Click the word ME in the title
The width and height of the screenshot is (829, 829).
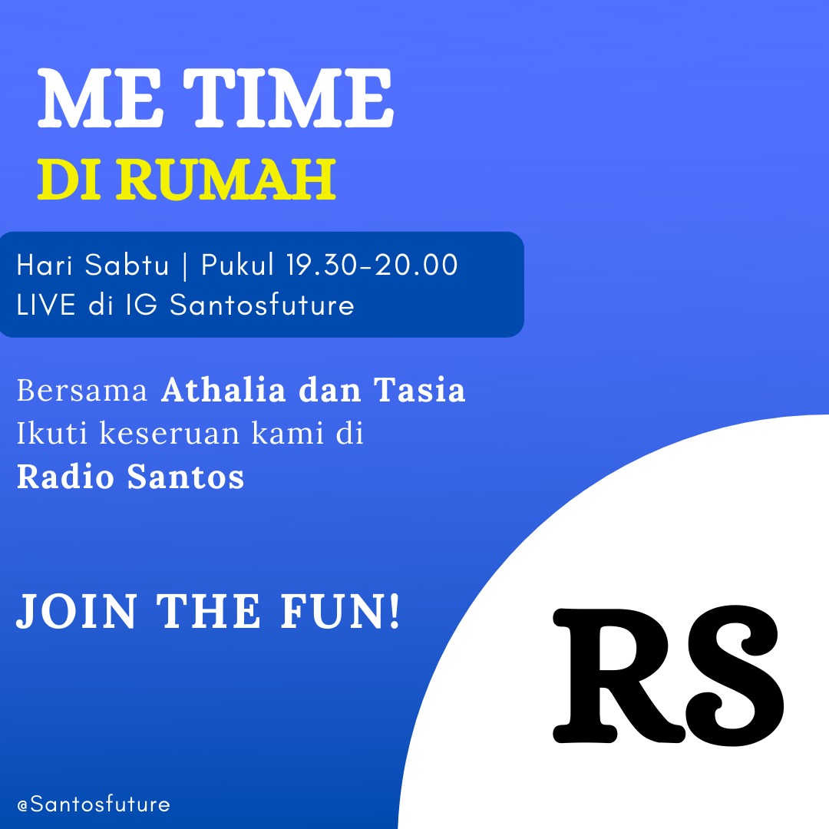point(99,98)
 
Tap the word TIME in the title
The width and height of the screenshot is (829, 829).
point(289,98)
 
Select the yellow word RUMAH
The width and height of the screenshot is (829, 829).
point(226,179)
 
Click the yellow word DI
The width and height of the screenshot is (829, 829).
point(69,179)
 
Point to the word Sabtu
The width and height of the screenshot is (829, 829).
point(127,264)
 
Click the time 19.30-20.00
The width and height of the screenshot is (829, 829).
point(372,264)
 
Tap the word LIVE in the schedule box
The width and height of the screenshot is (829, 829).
point(46,305)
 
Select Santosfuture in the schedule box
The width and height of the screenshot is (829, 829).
point(262,305)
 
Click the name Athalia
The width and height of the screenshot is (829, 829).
point(224,390)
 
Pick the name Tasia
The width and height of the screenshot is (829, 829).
point(420,390)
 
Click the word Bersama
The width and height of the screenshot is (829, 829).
point(82,391)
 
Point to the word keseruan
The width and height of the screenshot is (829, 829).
point(170,433)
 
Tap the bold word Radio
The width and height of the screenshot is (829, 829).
point(65,476)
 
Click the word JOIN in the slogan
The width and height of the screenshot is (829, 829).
point(78,612)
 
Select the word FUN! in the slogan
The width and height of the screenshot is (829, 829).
point(340,612)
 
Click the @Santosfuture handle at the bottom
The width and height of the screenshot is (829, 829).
point(94,804)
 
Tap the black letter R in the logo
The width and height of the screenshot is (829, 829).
point(619,675)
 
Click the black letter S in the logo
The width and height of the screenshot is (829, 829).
point(735,675)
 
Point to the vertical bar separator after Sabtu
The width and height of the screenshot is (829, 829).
point(184,265)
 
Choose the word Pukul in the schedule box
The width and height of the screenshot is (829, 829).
point(237,264)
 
